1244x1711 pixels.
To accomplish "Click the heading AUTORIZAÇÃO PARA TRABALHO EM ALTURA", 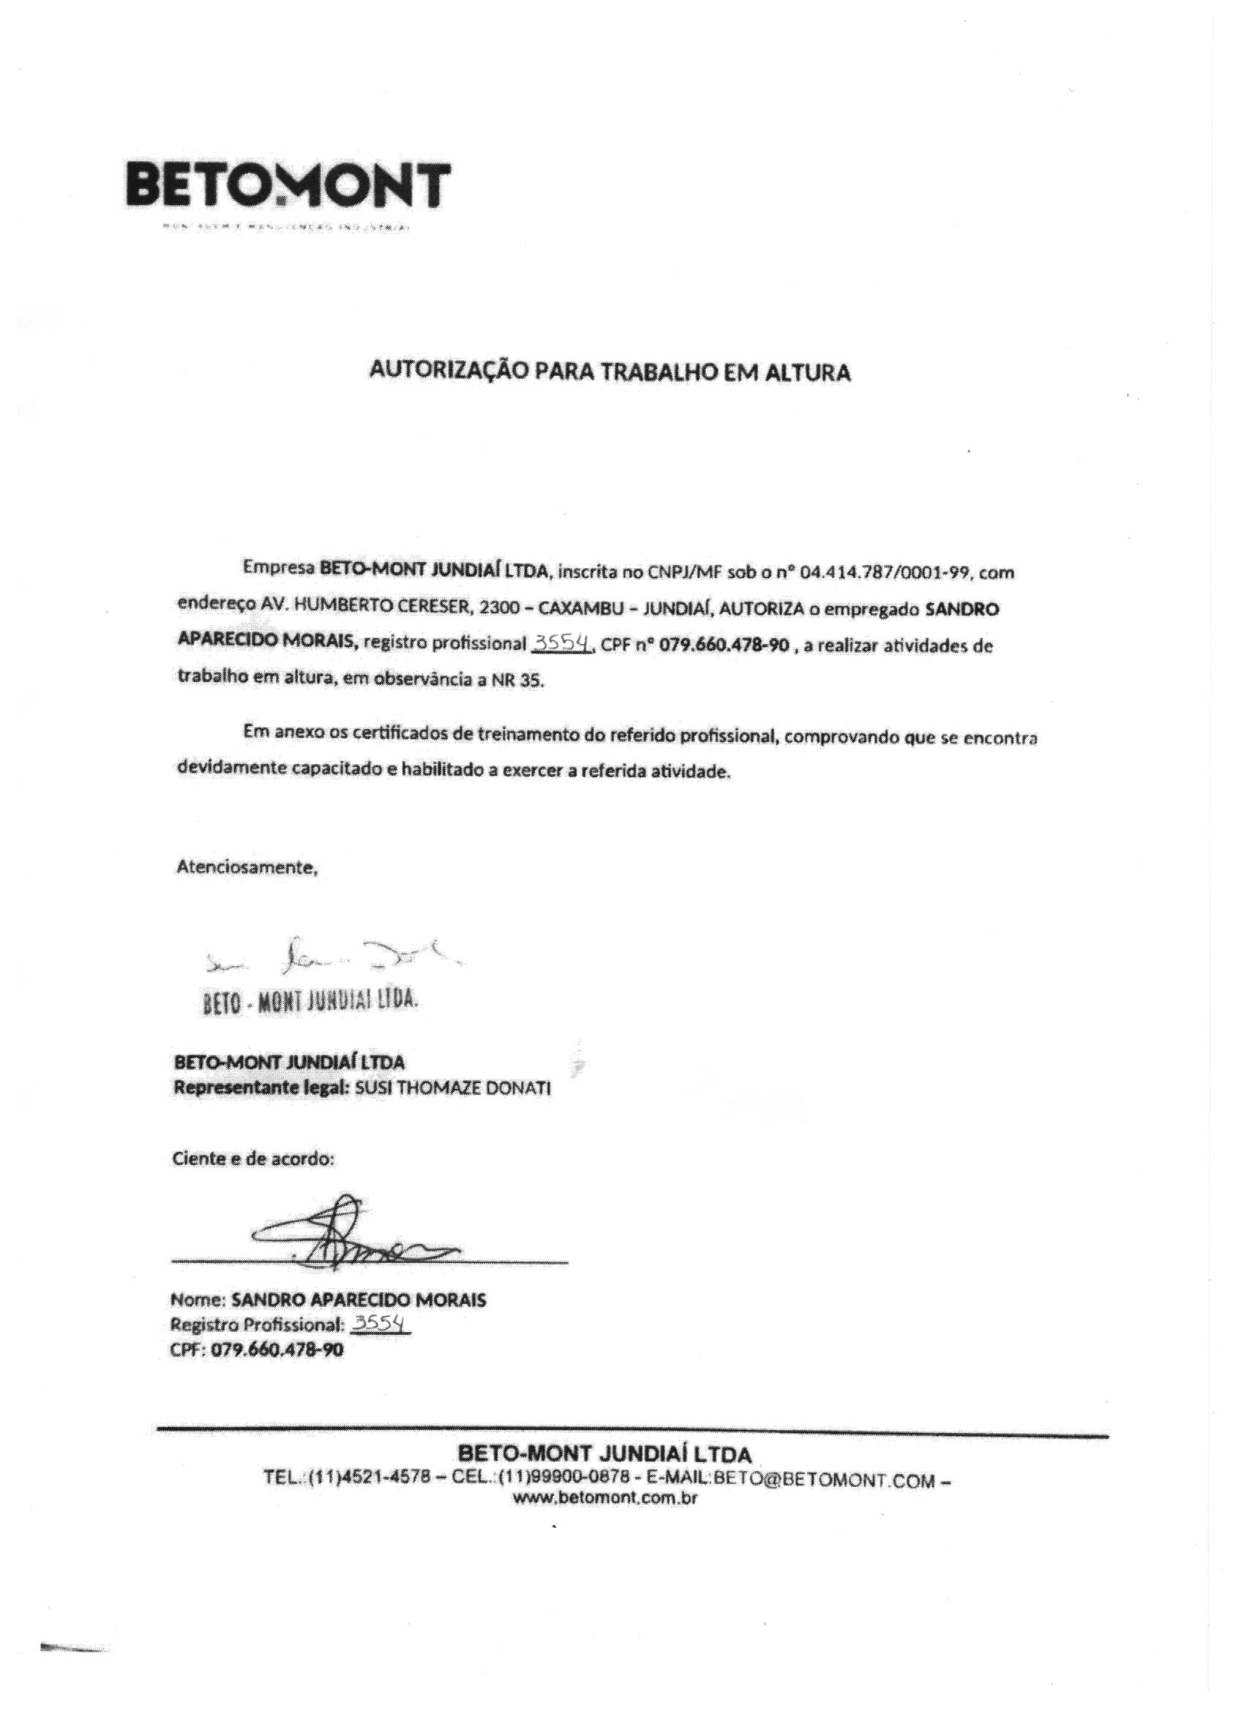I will [610, 372].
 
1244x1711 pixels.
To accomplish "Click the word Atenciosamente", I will [247, 867].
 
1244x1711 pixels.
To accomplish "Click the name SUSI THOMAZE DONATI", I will [452, 1090].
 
